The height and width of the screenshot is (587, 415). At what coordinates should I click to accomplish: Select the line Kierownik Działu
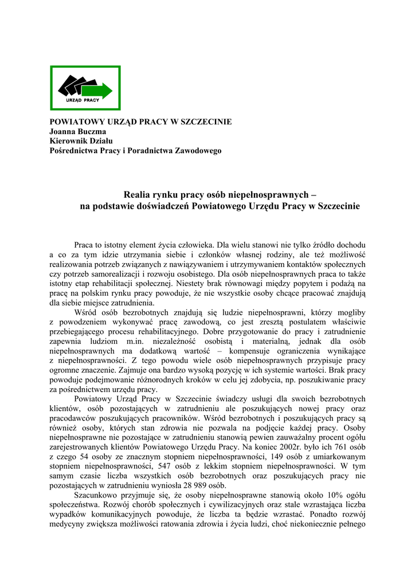(x=82, y=140)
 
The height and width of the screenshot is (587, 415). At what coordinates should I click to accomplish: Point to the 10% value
(x=331, y=495)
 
